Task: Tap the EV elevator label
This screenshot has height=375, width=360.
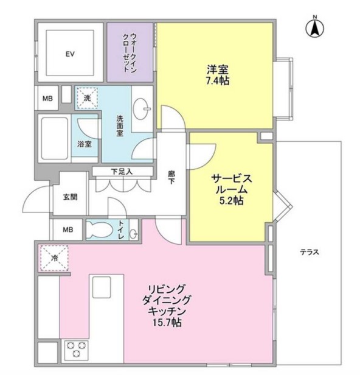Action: point(70,54)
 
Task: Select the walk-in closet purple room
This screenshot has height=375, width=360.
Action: point(130,52)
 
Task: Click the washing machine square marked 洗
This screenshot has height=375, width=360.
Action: point(87,97)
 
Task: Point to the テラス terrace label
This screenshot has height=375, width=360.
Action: point(309,252)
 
